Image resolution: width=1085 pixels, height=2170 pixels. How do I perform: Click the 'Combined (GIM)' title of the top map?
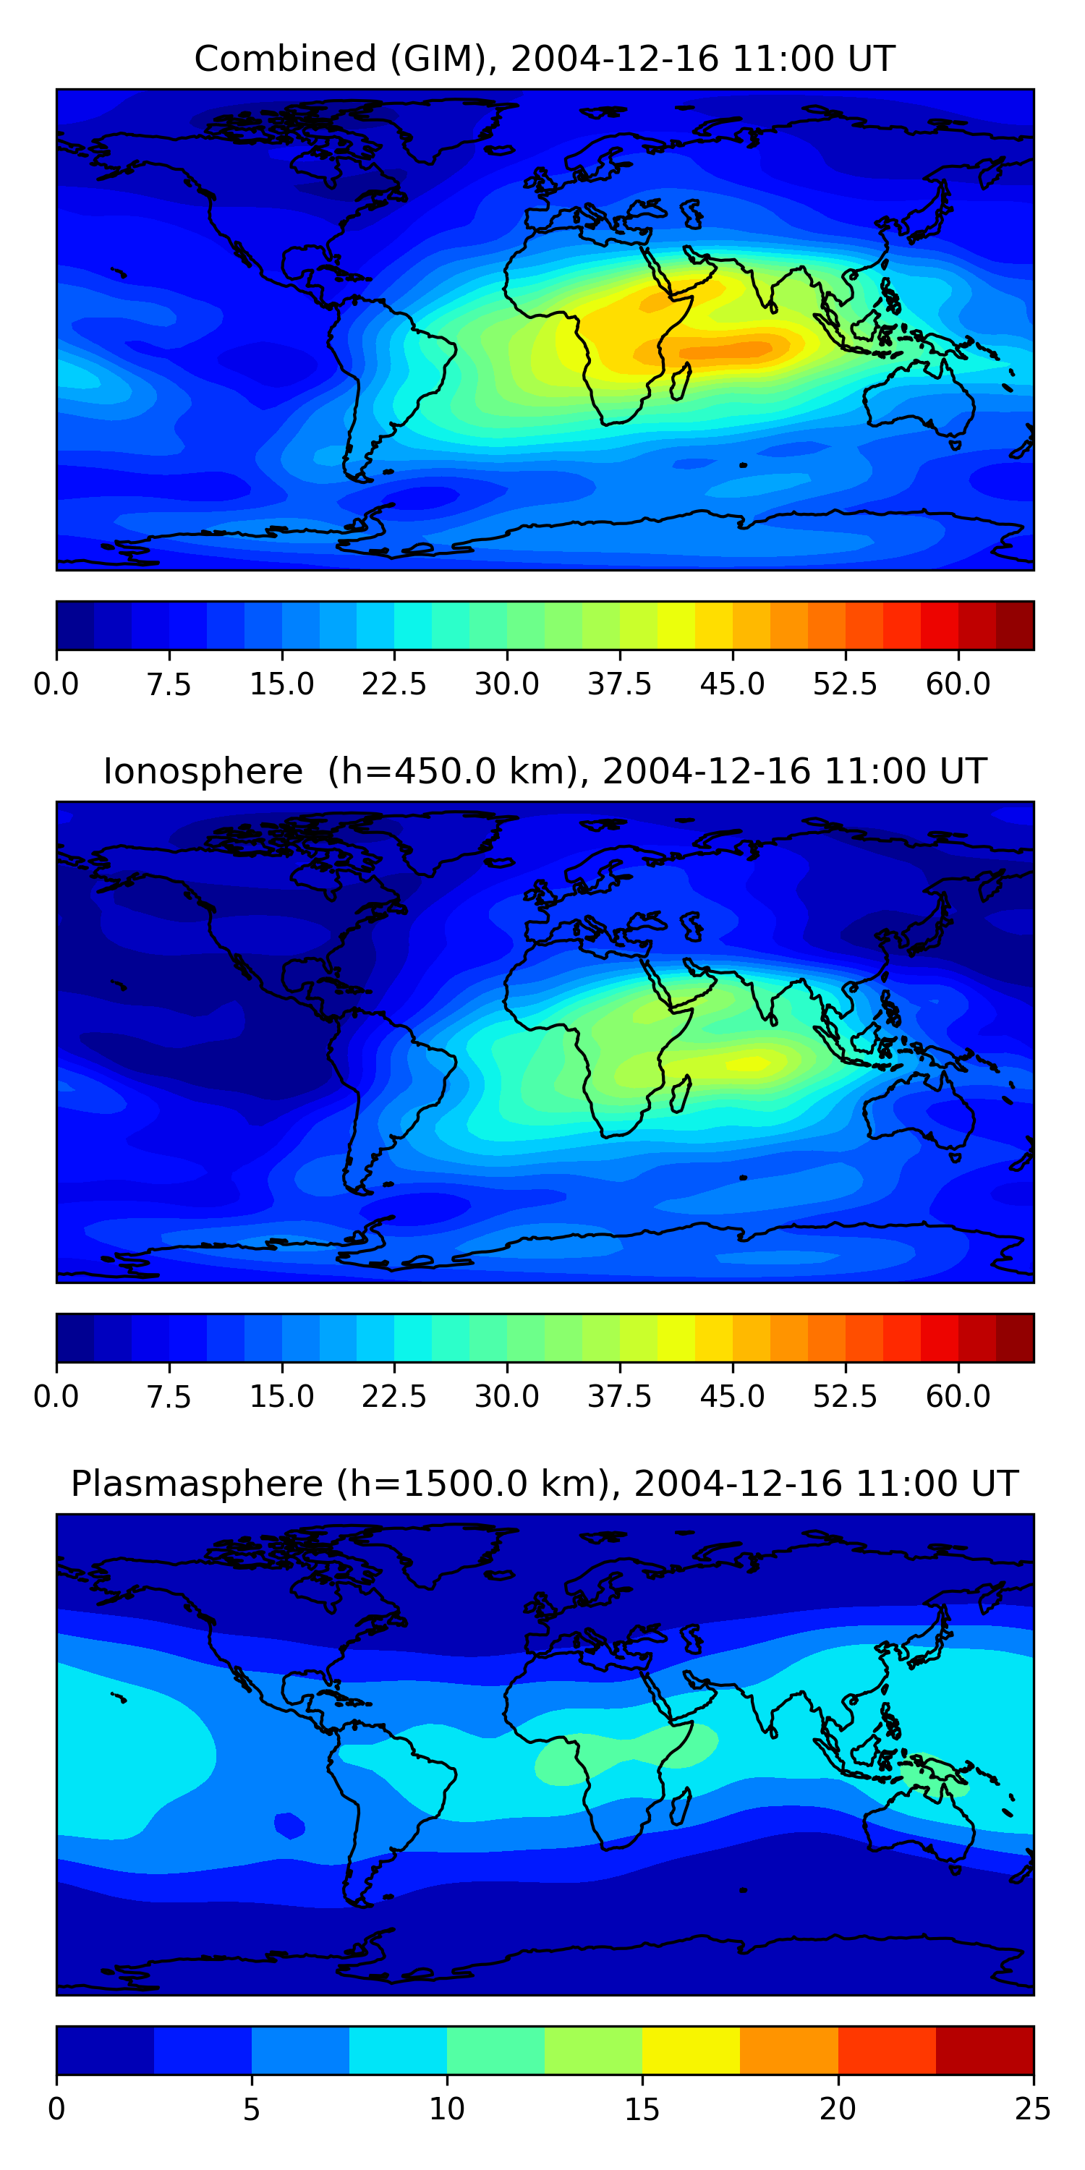[x=544, y=59]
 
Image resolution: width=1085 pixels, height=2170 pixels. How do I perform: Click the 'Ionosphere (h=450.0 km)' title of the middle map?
[x=544, y=772]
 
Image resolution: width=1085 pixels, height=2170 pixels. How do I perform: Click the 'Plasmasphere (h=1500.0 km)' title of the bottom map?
[x=544, y=1484]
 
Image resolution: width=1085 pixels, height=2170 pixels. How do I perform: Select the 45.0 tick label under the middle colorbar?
[x=732, y=1397]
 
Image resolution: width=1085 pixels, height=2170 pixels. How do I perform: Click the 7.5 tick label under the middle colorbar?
[x=169, y=1397]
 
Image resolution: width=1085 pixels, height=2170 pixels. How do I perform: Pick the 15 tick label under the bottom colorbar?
[x=642, y=2109]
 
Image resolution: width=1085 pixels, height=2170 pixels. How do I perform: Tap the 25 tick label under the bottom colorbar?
[x=1032, y=2109]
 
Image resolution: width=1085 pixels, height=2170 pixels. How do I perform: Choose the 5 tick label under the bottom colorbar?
[x=251, y=2109]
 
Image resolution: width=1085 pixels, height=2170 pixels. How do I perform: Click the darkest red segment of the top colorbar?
[x=1014, y=626]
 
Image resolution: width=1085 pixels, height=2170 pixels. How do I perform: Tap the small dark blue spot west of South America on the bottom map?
[x=289, y=1826]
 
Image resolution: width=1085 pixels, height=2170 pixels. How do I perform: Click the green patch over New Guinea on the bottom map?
[x=931, y=1773]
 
